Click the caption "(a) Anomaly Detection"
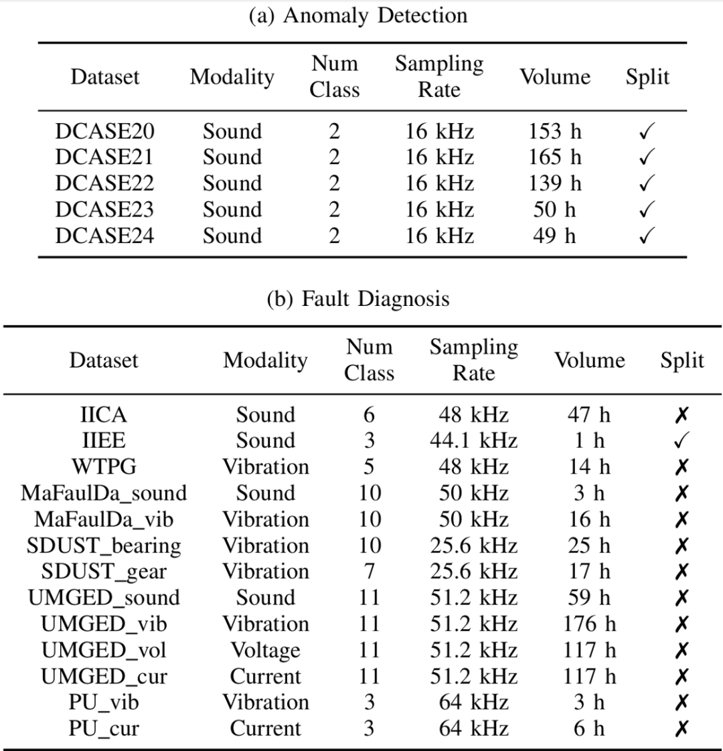tap(357, 15)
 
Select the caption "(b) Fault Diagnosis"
tap(357, 298)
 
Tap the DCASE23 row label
tap(104, 210)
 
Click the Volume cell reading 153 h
tap(554, 131)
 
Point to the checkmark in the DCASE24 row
tap(646, 236)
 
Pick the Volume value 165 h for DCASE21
tap(554, 157)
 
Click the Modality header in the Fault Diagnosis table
tap(265, 360)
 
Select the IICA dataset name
tap(103, 415)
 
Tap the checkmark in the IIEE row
tap(681, 441)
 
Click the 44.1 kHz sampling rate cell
tap(473, 441)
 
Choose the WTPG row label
tap(103, 467)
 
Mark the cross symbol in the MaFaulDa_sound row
tap(681, 493)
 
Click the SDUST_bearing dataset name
tap(104, 546)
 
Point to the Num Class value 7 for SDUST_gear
tap(369, 572)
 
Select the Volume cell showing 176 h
tap(589, 624)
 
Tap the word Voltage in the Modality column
tap(265, 650)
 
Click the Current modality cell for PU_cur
tap(265, 728)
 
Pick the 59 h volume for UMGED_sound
tap(589, 598)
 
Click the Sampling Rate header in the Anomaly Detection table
tap(438, 76)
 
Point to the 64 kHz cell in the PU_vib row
tap(473, 702)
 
